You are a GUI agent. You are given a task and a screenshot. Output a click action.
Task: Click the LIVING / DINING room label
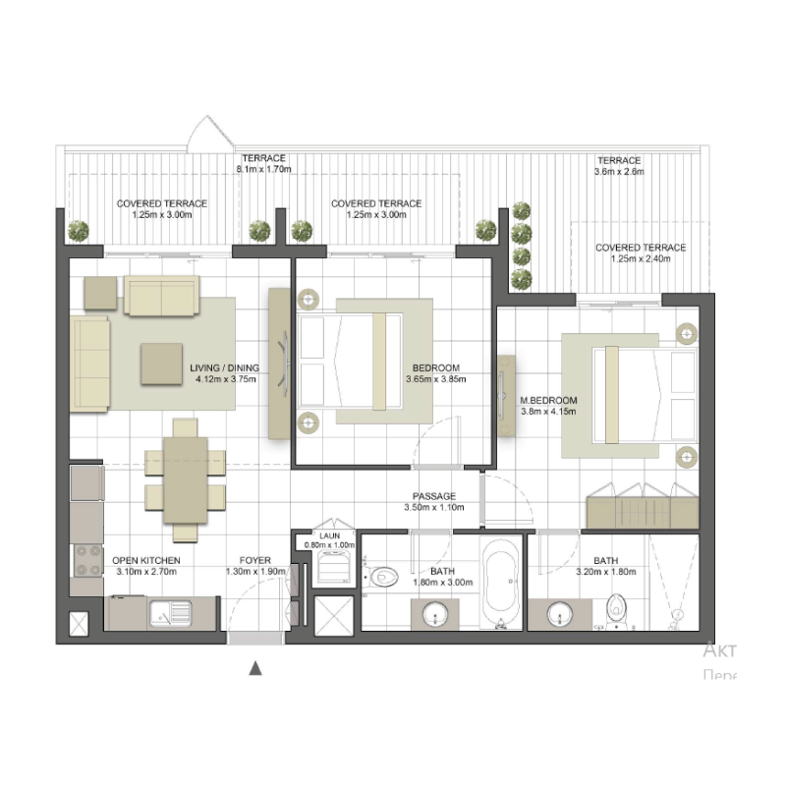click(x=225, y=368)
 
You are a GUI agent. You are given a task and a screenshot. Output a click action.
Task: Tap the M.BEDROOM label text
click(x=548, y=400)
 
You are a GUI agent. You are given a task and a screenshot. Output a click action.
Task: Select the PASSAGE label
click(x=432, y=497)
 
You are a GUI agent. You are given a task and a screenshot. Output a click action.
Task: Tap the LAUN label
click(x=329, y=535)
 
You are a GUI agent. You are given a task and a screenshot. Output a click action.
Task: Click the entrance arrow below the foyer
click(x=255, y=668)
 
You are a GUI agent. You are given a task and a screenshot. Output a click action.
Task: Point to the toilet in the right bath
click(x=617, y=608)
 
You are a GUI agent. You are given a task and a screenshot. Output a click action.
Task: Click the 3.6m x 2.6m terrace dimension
click(x=619, y=172)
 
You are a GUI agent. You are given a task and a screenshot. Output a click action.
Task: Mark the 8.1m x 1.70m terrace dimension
click(x=263, y=169)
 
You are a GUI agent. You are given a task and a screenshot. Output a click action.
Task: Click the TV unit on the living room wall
click(x=280, y=362)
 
